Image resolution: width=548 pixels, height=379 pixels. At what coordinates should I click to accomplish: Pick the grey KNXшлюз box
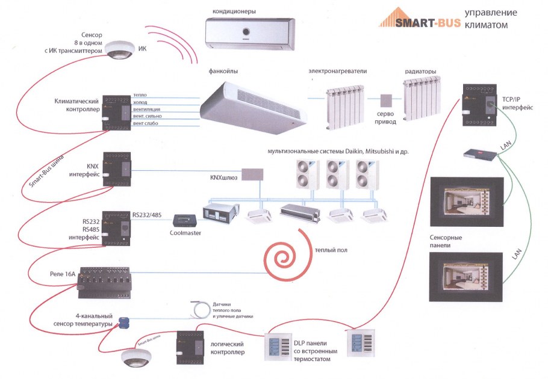[252, 175]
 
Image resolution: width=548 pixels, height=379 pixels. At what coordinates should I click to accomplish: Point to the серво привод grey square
[386, 102]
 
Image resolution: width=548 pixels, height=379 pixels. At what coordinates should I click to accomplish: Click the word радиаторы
[420, 72]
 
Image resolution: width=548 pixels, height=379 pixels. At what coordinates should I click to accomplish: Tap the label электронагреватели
[337, 72]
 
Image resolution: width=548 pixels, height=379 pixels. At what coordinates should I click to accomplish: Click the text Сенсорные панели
[446, 242]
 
